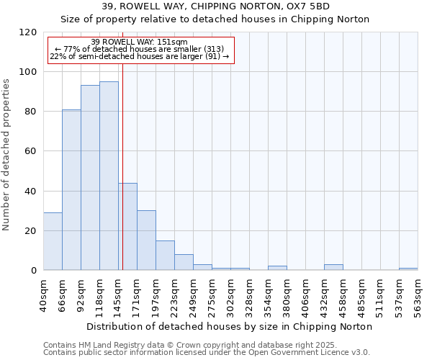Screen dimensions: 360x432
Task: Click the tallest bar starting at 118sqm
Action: click(109, 176)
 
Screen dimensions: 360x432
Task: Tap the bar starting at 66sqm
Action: click(71, 190)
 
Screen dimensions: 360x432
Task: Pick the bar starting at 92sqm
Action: click(90, 178)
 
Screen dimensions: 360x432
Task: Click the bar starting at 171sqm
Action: click(146, 240)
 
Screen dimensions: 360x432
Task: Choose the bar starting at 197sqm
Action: click(165, 256)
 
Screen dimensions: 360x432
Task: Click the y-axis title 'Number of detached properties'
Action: click(7, 155)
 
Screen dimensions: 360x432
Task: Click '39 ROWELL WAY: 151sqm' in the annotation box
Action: click(140, 42)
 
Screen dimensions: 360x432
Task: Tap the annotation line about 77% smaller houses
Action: click(140, 49)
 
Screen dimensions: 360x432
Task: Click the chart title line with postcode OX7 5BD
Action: click(216, 6)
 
